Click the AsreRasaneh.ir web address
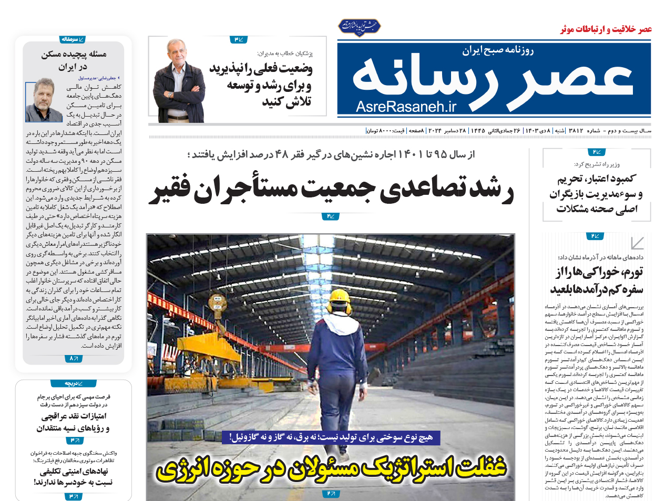(406, 107)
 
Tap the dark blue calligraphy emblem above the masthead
(359, 26)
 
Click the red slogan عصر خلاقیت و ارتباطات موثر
(606, 29)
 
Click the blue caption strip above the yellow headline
(331, 437)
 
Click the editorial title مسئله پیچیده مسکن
(74, 54)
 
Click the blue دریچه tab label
(73, 383)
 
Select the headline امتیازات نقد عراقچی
(74, 416)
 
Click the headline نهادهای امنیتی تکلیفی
(74, 471)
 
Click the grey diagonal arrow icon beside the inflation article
(637, 243)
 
